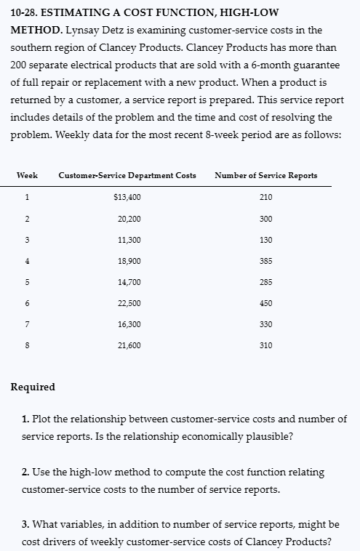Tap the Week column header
pyautogui.click(x=27, y=175)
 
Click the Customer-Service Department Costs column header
pyautogui.click(x=127, y=175)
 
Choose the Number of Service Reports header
pyautogui.click(x=265, y=175)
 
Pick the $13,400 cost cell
pyautogui.click(x=128, y=197)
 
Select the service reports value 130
pyautogui.click(x=265, y=240)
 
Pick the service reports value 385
pyautogui.click(x=265, y=261)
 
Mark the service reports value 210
pyautogui.click(x=265, y=197)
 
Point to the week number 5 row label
pyautogui.click(x=27, y=282)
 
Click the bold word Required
pyautogui.click(x=33, y=387)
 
